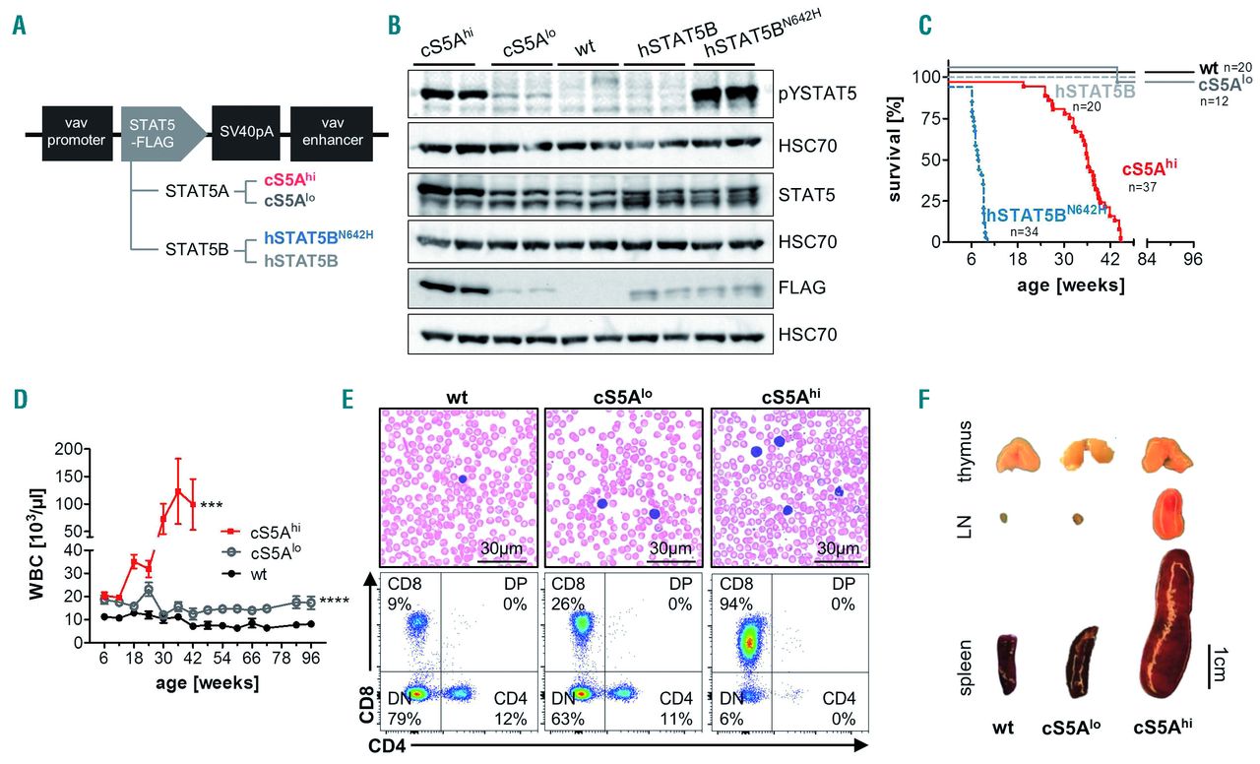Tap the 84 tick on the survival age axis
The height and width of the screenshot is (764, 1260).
click(1146, 260)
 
